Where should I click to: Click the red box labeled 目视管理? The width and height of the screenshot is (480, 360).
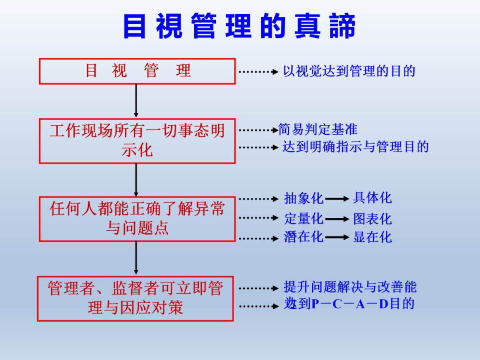(137, 71)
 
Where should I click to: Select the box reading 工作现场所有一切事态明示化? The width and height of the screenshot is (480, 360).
(137, 140)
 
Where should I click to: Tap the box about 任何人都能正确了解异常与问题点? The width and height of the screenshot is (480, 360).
(137, 219)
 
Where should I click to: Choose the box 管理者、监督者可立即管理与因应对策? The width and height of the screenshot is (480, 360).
(135, 298)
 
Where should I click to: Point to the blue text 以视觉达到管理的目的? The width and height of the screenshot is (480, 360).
(349, 71)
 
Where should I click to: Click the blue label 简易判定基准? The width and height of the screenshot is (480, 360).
(318, 129)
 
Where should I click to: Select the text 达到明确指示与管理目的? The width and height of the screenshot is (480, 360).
(356, 147)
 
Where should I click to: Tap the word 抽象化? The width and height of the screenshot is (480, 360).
(304, 199)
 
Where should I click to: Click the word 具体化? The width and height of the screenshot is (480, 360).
(372, 198)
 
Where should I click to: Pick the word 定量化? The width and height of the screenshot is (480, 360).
(304, 219)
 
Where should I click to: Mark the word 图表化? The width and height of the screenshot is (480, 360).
(372, 219)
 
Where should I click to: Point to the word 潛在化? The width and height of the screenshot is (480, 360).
(304, 237)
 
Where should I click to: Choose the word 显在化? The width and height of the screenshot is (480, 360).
(372, 237)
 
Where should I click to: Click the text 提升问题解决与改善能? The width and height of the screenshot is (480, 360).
(350, 287)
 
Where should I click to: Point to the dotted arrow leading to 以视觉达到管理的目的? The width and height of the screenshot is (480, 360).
(258, 71)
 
